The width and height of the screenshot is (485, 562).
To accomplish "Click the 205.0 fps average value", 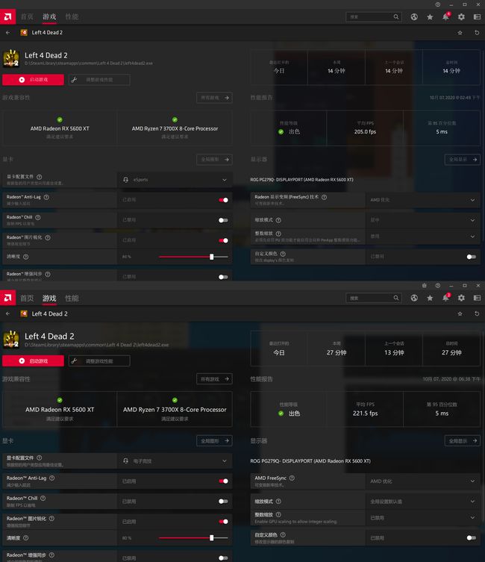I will coord(365,131).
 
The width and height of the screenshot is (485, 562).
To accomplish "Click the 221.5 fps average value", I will coord(365,413).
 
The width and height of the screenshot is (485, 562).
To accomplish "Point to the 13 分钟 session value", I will coord(393,352).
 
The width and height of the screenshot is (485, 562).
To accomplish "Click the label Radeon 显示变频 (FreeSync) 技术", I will coord(287,197).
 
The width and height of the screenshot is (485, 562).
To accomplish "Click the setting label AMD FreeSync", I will coord(271,478).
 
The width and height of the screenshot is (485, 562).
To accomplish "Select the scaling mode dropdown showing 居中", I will coord(422,220).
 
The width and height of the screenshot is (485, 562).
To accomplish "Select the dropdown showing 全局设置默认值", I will coord(422,502).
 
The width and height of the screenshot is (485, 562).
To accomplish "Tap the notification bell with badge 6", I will coord(445,16).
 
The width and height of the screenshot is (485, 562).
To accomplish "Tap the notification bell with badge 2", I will coord(445,298).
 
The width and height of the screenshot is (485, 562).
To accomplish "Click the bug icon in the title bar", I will coord(424,285).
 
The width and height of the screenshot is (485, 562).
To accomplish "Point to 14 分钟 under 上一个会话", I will coord(393,71).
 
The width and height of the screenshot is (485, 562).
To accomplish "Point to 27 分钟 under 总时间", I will coord(451,352).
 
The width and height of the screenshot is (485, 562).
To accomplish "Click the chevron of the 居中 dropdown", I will coord(472,220).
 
